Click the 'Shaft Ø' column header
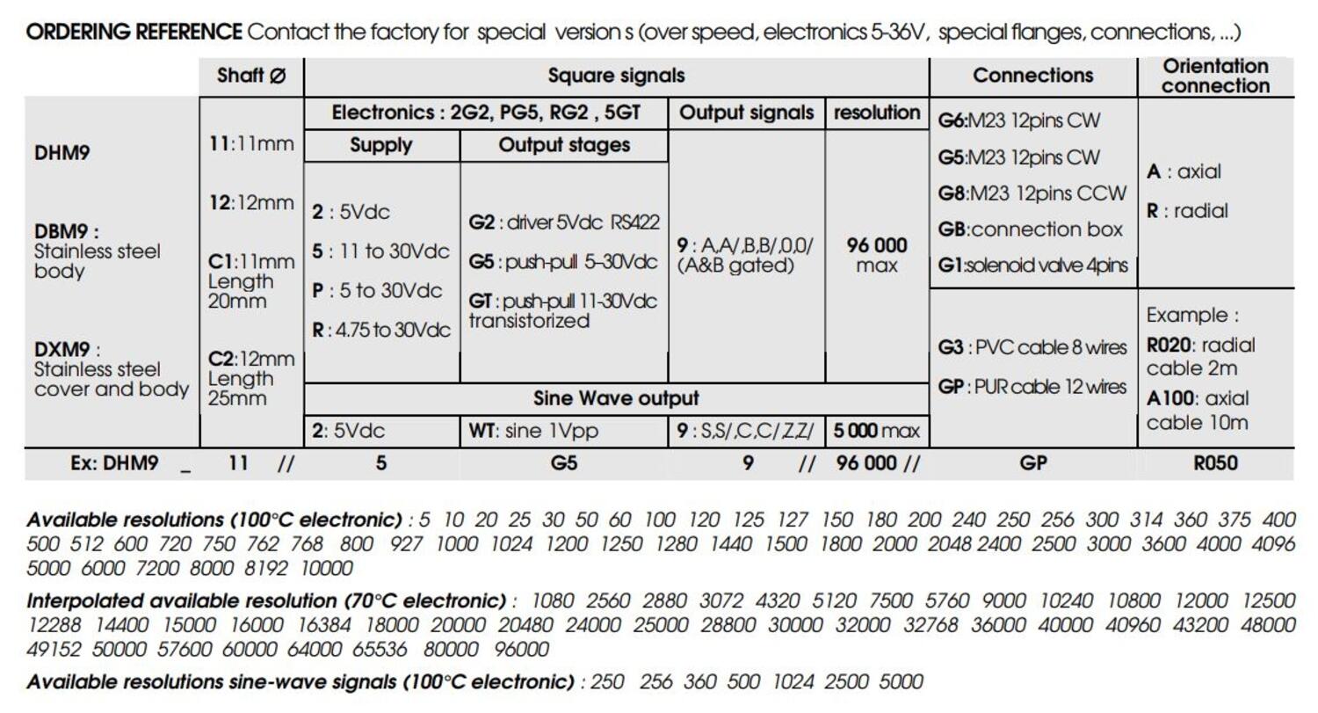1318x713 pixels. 251,76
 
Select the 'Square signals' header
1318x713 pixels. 616,76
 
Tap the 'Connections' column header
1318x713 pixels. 1032,76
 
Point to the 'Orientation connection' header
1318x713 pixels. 1215,76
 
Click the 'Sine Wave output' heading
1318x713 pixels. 616,398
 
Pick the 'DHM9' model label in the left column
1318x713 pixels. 62,153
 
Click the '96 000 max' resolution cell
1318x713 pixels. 876,254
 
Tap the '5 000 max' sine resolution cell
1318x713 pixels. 876,431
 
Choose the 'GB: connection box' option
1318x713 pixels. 1030,229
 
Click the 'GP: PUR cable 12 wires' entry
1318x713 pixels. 1032,386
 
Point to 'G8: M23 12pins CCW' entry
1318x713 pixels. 1032,193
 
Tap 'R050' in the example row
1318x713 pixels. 1215,462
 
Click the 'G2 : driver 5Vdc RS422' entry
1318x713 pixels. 563,222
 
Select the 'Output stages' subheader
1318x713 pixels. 563,145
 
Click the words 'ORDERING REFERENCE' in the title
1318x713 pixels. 134,33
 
